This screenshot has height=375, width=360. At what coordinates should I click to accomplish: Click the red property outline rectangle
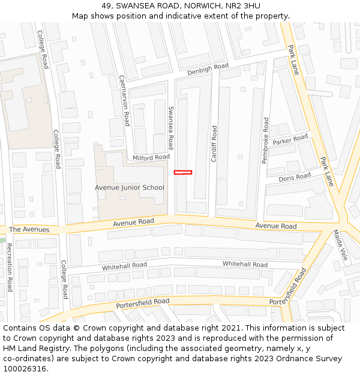(183, 172)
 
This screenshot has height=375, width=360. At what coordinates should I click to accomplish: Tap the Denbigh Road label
(208, 70)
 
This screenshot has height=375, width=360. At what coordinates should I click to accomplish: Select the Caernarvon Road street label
(124, 100)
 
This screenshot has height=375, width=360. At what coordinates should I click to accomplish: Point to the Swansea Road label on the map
(171, 128)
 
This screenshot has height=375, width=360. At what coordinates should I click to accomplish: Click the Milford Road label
(151, 157)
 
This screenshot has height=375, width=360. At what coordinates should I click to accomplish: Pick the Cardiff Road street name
(214, 144)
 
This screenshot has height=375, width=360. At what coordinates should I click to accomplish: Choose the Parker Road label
(290, 140)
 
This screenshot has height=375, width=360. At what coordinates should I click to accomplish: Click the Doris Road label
(295, 177)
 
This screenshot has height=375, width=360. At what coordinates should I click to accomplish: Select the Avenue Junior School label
(129, 187)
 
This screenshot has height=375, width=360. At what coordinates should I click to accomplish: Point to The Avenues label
(29, 230)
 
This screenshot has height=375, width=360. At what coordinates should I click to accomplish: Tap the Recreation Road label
(10, 268)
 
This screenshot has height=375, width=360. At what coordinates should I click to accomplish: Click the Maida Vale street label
(341, 245)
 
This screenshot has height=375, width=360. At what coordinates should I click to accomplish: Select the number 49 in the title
(107, 5)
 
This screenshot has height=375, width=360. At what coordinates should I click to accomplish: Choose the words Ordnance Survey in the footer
(310, 359)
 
